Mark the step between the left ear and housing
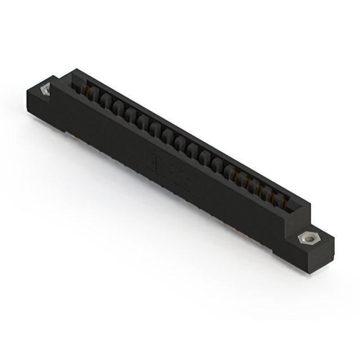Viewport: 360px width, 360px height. point(56,84)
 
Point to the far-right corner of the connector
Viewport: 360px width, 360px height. point(334,242)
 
